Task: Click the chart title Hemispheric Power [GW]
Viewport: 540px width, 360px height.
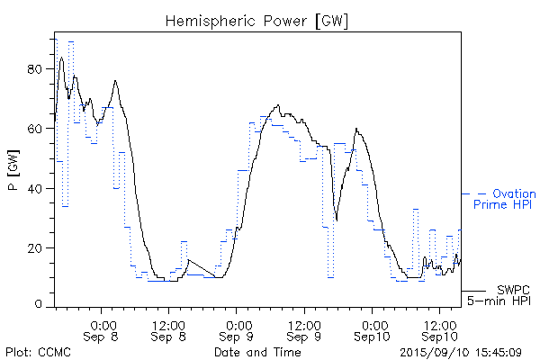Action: tap(256, 20)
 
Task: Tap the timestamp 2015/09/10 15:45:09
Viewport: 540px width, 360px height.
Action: tap(462, 352)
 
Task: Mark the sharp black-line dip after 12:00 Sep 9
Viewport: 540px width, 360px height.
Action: tap(337, 219)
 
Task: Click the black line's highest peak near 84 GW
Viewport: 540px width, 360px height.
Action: tap(61, 58)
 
